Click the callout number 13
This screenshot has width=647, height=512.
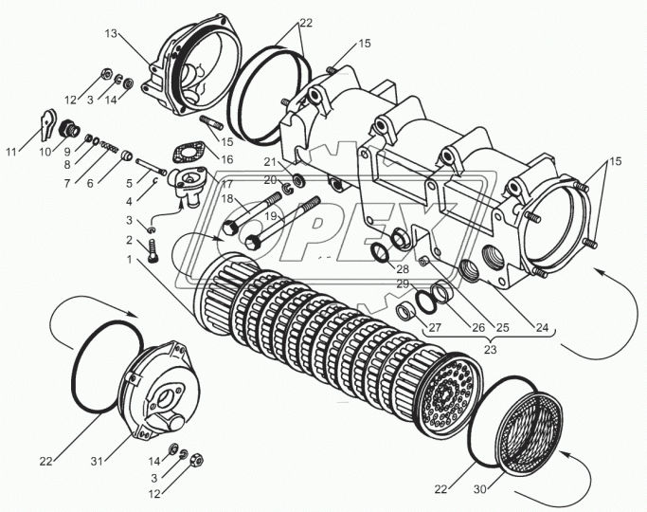click(x=111, y=33)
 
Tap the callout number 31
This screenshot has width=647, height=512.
click(x=97, y=461)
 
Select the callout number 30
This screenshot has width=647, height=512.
click(x=480, y=489)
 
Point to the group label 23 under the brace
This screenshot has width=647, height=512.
click(x=490, y=350)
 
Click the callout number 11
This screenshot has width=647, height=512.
click(x=11, y=152)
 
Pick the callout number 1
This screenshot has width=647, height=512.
click(x=130, y=260)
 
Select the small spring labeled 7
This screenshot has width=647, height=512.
click(x=109, y=146)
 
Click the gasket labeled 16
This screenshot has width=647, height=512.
click(x=189, y=154)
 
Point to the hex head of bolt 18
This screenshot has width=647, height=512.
click(x=229, y=228)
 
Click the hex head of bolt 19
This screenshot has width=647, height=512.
click(x=252, y=242)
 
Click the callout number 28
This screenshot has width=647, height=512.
click(x=403, y=269)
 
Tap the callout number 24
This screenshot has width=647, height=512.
click(x=542, y=327)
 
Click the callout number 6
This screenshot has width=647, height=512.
click(x=90, y=183)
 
